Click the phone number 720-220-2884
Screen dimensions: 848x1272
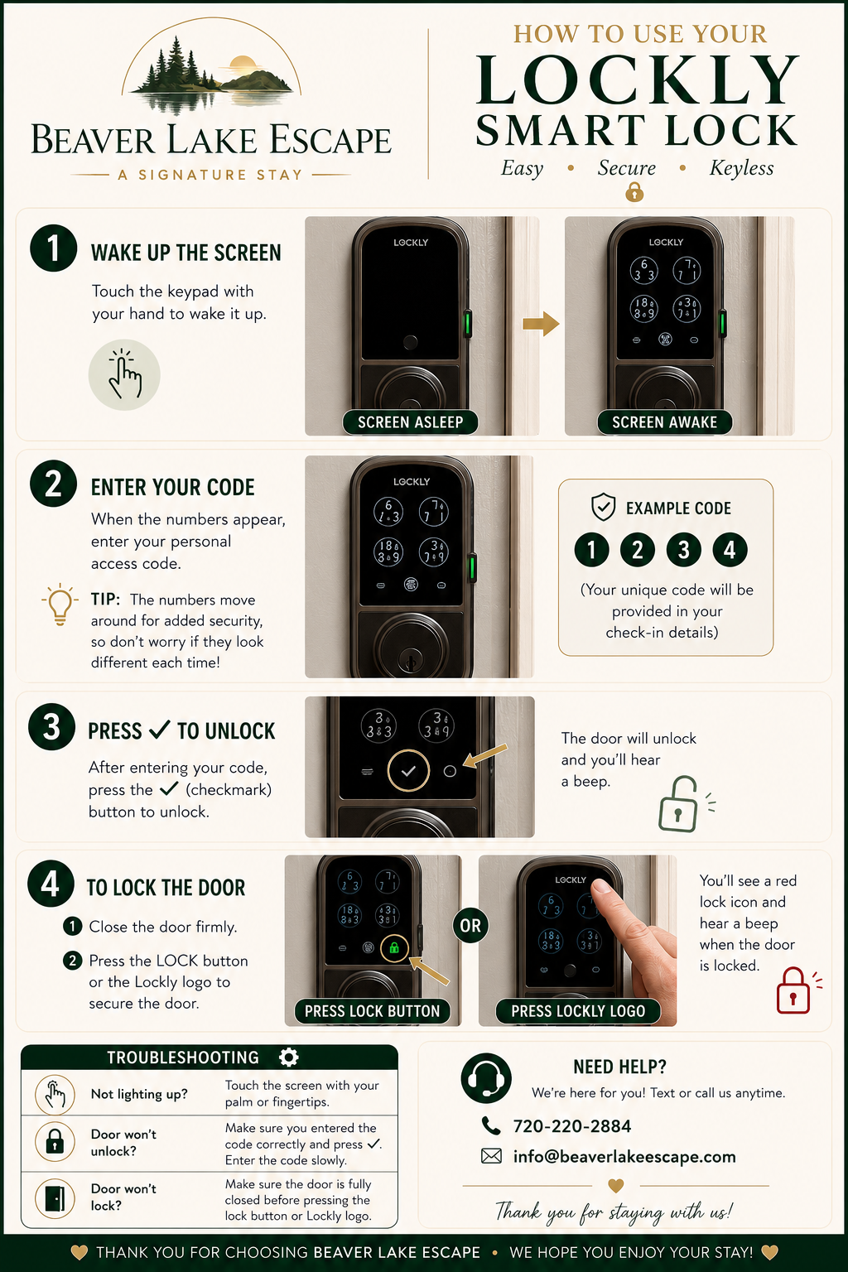[572, 1126]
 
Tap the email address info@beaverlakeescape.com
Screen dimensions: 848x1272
[624, 1157]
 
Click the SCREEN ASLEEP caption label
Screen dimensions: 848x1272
[410, 422]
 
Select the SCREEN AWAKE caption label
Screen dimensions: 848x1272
[664, 422]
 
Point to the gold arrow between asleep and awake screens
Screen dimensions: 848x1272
[541, 324]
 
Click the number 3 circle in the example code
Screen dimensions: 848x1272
[684, 550]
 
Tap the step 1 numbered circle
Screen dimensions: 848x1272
[53, 248]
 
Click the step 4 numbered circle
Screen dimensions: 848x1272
[51, 884]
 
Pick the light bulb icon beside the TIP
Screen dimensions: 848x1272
[60, 605]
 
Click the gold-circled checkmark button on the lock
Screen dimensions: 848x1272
[408, 771]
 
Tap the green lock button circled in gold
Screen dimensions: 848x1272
[394, 947]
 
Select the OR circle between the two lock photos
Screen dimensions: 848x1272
[470, 926]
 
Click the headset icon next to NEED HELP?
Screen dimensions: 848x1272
[486, 1077]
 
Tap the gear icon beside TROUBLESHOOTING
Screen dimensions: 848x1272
[288, 1057]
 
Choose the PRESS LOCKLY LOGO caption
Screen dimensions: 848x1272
[578, 1011]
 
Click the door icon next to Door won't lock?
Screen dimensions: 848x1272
[55, 1199]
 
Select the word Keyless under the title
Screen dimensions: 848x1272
[741, 168]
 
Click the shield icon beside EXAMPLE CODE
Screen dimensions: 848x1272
[603, 507]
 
